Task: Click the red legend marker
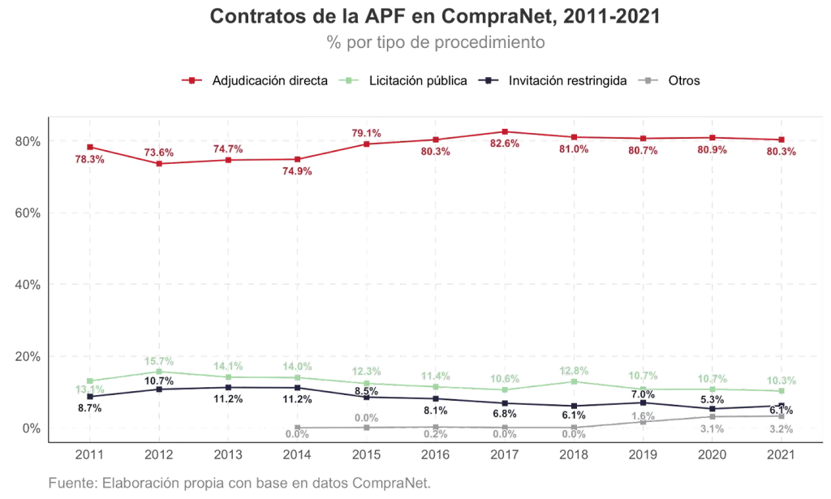pos(192,80)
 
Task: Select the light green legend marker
pos(348,80)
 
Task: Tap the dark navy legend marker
pos(489,80)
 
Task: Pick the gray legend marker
pos(647,80)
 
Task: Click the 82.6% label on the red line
pos(505,144)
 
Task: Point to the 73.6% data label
pos(159,152)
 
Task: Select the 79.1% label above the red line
pos(366,132)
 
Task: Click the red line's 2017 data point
pos(505,131)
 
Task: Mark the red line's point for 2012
pos(159,164)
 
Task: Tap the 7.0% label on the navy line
pos(644,394)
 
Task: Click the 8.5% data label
pos(367,390)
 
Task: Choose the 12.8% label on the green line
pos(574,371)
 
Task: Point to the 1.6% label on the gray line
pos(644,415)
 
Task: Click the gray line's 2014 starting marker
pos(298,426)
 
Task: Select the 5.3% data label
pos(712,400)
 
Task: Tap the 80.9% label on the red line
pos(712,150)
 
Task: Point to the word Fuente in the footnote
pos(71,484)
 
